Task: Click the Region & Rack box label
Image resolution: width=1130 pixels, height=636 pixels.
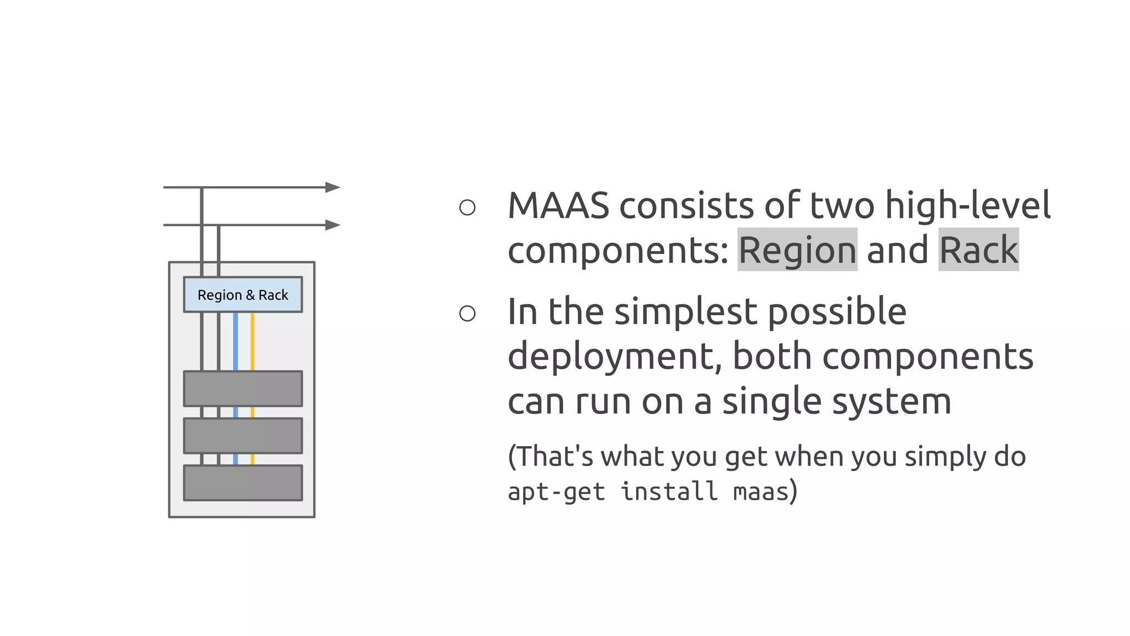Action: click(243, 295)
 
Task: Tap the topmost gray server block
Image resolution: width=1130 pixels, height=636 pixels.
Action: click(243, 389)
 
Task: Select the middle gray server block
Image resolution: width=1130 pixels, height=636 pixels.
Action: click(243, 436)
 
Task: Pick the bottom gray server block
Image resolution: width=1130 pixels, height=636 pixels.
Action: click(243, 483)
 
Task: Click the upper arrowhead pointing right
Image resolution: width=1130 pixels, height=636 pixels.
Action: click(333, 187)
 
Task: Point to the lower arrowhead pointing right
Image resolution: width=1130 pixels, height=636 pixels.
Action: click(333, 225)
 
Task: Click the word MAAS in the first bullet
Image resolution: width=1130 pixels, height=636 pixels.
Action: click(558, 206)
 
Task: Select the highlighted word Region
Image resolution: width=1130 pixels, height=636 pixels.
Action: click(797, 250)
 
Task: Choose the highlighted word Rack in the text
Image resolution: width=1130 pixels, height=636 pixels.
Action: click(978, 250)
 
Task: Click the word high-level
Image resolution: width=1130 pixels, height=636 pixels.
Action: click(968, 206)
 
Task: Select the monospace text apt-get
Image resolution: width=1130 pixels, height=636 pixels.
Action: click(556, 491)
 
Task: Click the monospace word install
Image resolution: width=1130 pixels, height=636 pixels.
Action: click(669, 491)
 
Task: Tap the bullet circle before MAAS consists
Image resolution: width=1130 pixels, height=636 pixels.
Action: click(467, 208)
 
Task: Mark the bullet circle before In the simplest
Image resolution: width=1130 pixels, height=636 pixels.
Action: click(467, 314)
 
